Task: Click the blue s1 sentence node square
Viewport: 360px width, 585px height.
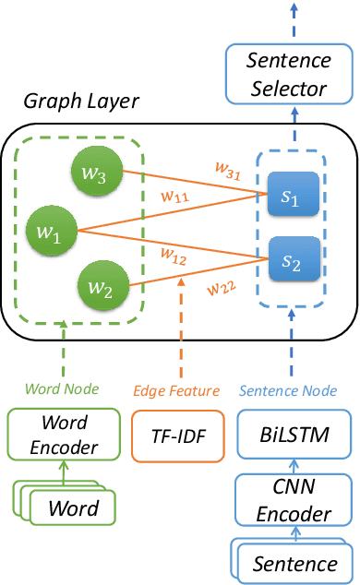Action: (292, 194)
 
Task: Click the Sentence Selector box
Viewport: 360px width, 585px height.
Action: (292, 75)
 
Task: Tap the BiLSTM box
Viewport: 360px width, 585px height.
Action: (291, 432)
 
